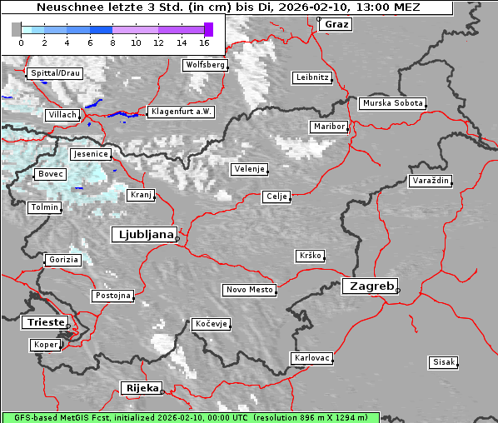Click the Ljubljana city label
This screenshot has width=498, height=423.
coord(143,234)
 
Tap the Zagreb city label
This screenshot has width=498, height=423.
coord(369,286)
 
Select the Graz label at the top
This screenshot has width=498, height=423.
coord(336,24)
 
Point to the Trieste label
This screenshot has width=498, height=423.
coord(44,321)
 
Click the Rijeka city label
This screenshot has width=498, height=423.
coord(142,388)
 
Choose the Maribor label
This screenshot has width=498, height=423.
coord(328,127)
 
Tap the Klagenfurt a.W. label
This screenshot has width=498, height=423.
coord(181,112)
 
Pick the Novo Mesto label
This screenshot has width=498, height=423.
coord(249,290)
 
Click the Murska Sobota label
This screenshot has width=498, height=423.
coord(392,104)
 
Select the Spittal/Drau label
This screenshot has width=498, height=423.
coord(55,73)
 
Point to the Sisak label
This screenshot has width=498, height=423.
coord(443,362)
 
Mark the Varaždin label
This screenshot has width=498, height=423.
coord(431,181)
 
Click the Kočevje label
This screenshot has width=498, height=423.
coord(211,324)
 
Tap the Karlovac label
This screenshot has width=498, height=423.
coord(312,358)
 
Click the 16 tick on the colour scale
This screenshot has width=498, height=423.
coord(204,42)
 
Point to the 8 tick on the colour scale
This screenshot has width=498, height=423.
coord(112,42)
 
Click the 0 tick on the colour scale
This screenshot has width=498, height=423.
coord(21,42)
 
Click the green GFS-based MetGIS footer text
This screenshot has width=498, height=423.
coord(190,417)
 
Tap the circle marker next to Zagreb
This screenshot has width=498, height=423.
coord(398,291)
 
